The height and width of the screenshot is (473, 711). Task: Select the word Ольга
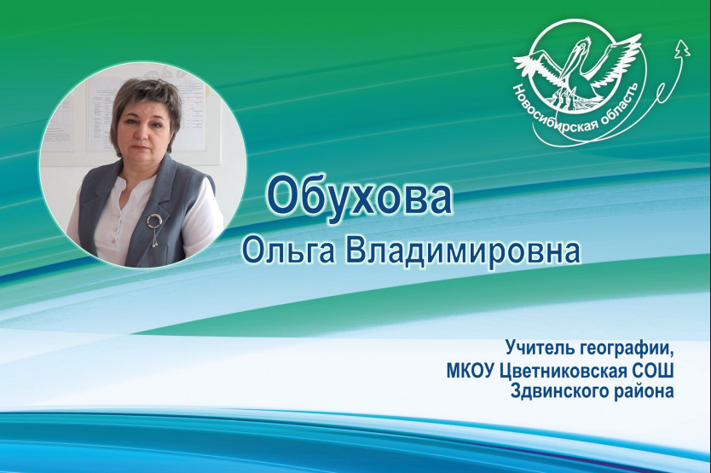[289, 251]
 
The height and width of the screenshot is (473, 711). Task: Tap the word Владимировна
[464, 251]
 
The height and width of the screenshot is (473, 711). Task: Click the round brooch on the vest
[153, 221]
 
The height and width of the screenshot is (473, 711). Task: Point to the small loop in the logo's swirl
[662, 89]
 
